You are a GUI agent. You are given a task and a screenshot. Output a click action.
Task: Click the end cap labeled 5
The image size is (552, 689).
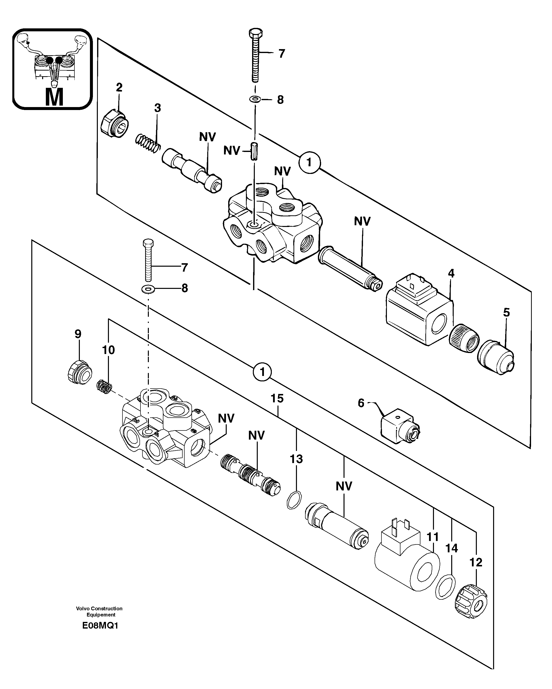pyautogui.click(x=496, y=358)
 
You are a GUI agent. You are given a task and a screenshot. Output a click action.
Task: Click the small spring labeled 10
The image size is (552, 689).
pyautogui.click(x=104, y=387)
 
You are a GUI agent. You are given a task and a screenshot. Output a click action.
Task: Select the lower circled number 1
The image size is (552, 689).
pyautogui.click(x=262, y=372)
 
